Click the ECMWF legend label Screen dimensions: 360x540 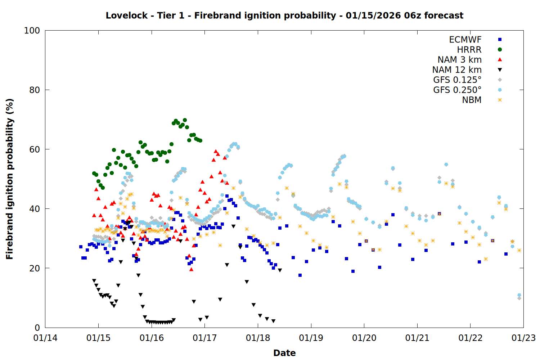point(465,40)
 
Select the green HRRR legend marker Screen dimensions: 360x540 point(500,50)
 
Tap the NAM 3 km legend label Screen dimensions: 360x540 point(459,60)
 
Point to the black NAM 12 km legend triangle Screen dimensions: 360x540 point(500,70)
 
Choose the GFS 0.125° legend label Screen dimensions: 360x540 point(457,80)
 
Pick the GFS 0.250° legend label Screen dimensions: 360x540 point(457,90)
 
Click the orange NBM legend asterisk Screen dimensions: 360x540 point(500,100)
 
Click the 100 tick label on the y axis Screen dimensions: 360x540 point(32,31)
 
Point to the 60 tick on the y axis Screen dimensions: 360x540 point(34,149)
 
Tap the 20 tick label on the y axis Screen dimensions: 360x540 point(34,268)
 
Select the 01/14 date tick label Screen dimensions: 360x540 point(45,338)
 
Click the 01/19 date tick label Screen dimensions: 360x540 point(311,338)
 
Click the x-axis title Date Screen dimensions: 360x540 point(284,353)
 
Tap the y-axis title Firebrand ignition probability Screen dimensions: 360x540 point(9,179)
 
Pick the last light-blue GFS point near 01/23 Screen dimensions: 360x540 point(519,295)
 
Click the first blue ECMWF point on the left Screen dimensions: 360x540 point(81,247)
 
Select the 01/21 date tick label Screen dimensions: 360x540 point(417,338)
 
